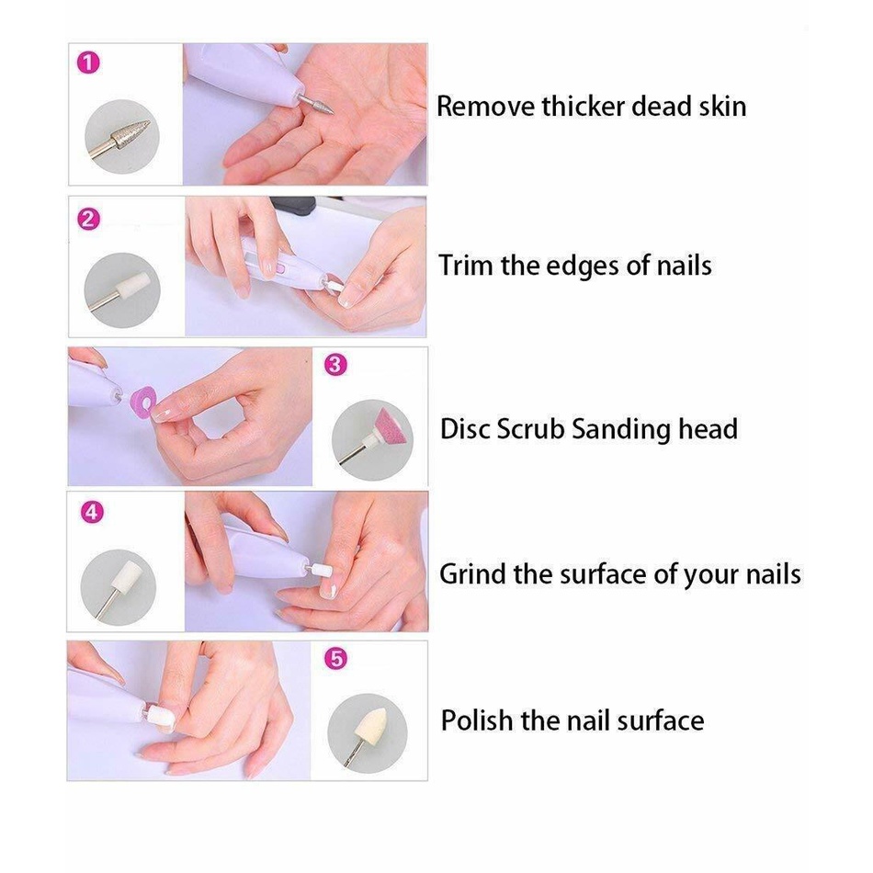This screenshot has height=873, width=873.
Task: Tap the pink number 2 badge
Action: point(89,219)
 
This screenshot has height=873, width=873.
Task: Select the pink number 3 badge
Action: point(335,365)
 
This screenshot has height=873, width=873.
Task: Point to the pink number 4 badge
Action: point(91,513)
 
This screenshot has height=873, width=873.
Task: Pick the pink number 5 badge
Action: point(336,660)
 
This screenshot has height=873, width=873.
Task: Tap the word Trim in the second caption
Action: point(467,266)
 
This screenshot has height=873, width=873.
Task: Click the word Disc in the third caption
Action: point(466,429)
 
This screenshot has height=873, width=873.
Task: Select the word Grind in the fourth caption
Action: point(473,575)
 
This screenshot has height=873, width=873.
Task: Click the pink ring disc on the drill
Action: point(144,402)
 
